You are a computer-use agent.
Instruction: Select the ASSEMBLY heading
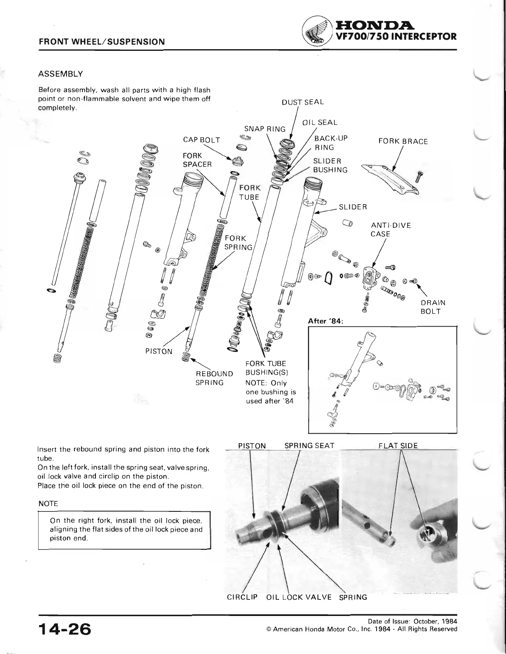coord(60,74)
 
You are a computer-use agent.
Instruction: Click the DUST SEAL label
coord(303,102)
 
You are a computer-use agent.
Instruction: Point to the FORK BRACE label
coord(403,141)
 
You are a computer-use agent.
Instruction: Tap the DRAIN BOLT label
coord(432,307)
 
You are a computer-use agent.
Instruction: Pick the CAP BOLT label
coord(202,140)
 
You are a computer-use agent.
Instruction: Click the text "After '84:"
coord(327,321)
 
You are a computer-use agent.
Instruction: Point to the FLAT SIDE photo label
coord(398,446)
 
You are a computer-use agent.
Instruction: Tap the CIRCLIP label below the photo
coord(242,597)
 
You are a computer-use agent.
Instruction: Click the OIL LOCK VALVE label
coord(299,597)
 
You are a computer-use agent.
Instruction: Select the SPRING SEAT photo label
coord(309,446)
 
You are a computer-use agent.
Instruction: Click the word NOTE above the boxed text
coord(48,504)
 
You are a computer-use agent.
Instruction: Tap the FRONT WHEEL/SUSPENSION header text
coord(102,42)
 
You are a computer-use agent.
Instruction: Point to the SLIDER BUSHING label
coord(330,165)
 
